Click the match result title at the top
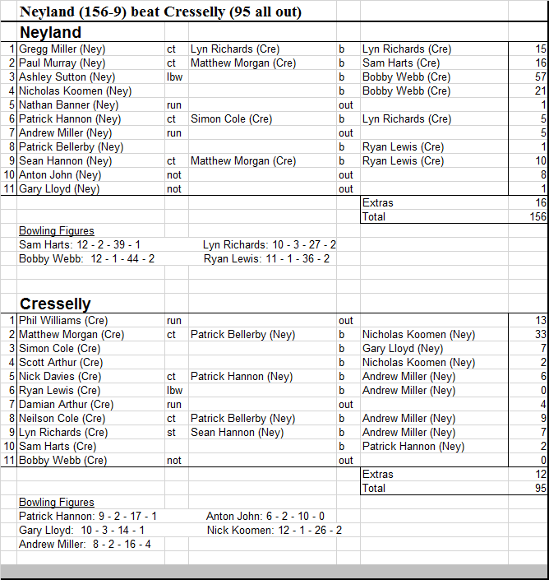point(160,12)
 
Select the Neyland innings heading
point(50,33)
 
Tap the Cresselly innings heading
point(55,304)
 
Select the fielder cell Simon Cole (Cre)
point(231,119)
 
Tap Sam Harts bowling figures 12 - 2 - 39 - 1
point(80,245)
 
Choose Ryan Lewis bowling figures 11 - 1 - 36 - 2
point(267,259)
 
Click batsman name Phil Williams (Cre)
point(63,321)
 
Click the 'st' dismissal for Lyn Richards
point(171,433)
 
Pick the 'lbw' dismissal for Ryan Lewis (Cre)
point(174,391)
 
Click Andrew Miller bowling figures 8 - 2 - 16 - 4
point(85,545)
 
